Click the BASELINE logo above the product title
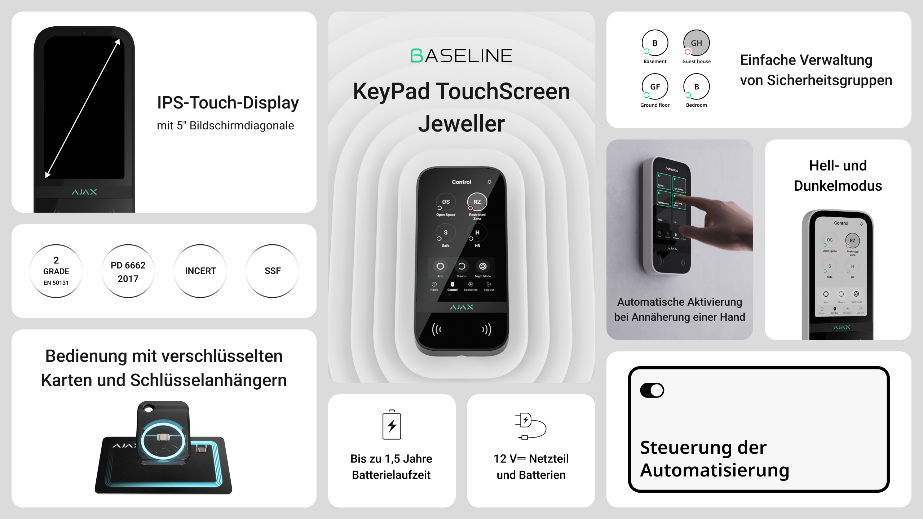[x=461, y=56]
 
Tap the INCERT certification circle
[x=200, y=271]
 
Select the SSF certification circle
[x=273, y=271]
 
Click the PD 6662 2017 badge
[x=128, y=271]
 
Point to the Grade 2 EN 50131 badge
[x=56, y=271]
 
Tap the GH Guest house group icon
[x=696, y=43]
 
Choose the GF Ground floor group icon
[x=655, y=87]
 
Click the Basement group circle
[x=655, y=43]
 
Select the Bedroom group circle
[x=696, y=87]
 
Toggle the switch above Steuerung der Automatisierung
[x=652, y=390]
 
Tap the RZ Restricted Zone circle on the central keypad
[x=477, y=202]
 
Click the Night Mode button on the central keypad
[x=483, y=266]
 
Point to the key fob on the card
[x=163, y=432]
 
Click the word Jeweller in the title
[x=461, y=124]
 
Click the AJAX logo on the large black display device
[x=84, y=192]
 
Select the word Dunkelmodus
[x=838, y=186]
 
